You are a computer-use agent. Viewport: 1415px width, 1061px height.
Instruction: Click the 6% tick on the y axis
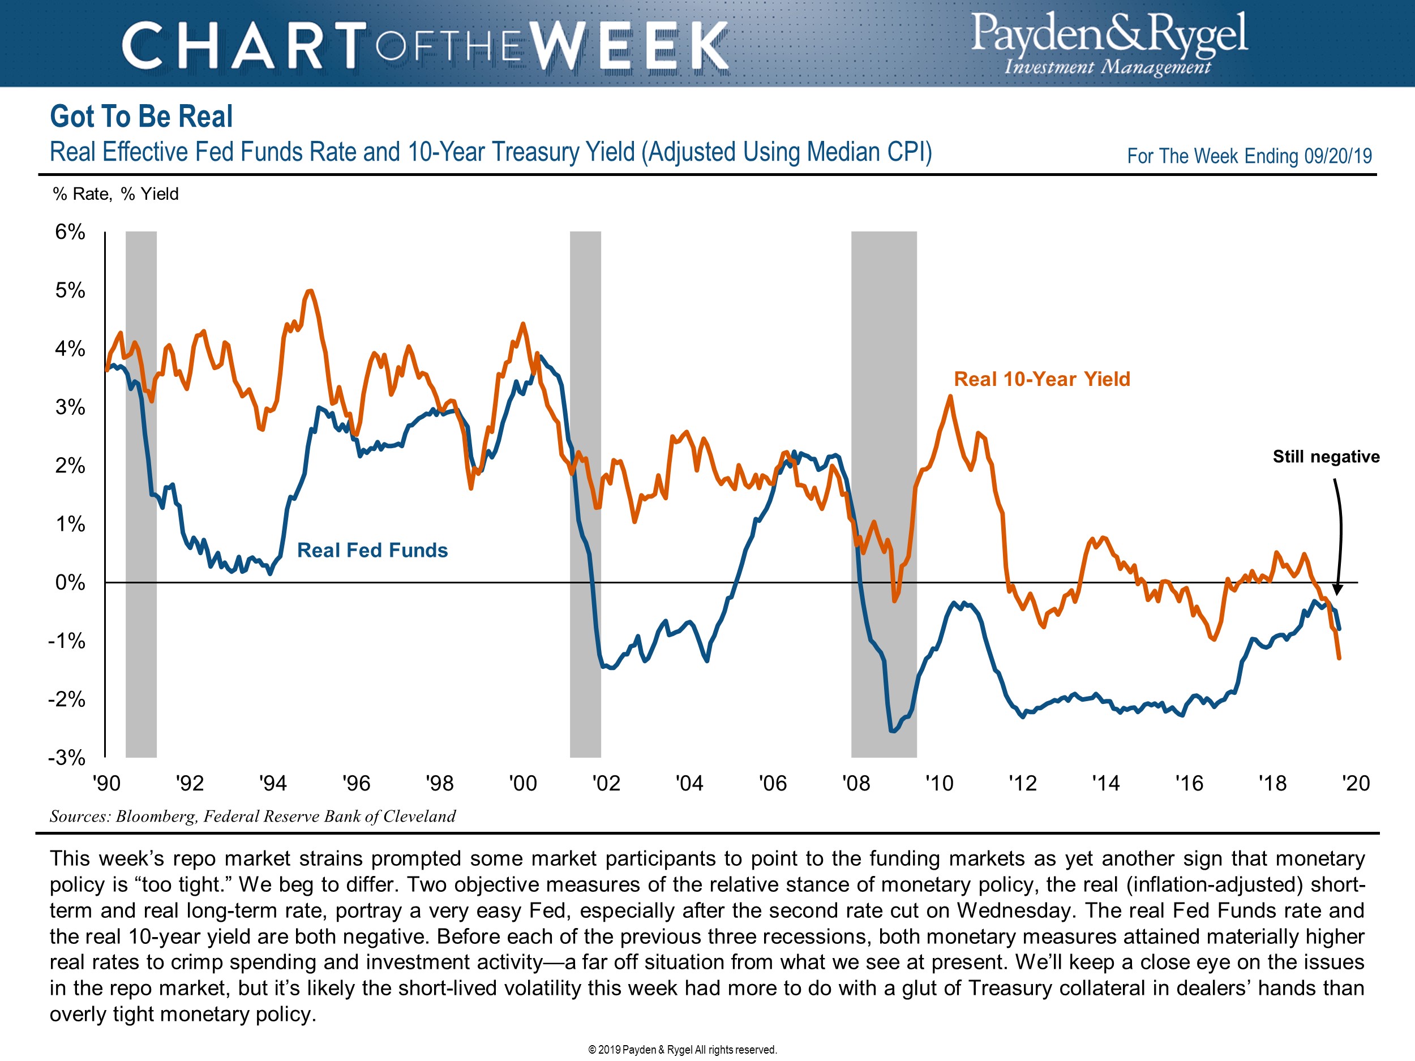point(70,232)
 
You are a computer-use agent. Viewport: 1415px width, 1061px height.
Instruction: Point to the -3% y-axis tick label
point(67,758)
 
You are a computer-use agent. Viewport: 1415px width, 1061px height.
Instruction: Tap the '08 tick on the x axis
point(856,783)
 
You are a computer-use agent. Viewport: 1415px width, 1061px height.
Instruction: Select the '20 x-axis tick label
point(1356,783)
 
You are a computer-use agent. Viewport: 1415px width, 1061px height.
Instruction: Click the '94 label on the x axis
point(273,783)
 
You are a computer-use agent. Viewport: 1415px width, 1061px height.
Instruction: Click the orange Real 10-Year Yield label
point(1041,379)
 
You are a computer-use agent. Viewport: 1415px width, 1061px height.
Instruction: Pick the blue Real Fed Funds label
point(372,551)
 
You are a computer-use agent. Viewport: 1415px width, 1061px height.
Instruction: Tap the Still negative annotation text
point(1326,457)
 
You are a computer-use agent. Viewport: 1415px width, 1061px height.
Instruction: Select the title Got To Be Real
point(141,117)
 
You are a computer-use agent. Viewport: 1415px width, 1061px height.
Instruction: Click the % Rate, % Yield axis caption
point(116,194)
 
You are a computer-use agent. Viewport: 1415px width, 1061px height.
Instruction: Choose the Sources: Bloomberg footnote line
point(252,817)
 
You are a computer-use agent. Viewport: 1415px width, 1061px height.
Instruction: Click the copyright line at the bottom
point(683,1050)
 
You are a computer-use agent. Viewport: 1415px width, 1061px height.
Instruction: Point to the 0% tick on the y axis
point(70,583)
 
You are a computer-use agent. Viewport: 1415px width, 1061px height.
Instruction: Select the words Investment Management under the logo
point(1107,67)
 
